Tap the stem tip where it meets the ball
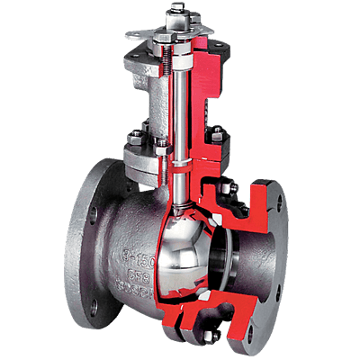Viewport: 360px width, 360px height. tap(179, 209)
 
